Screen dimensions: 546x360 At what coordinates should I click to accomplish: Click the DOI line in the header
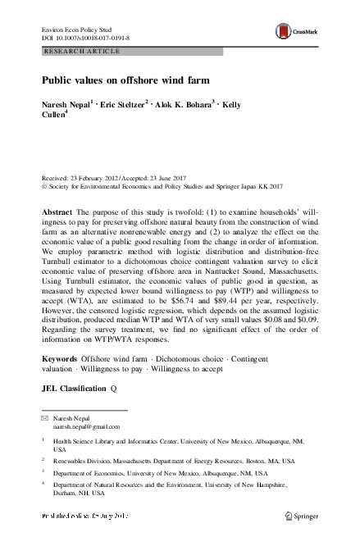tap(86, 39)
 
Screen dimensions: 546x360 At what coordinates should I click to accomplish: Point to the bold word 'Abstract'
tap(57, 212)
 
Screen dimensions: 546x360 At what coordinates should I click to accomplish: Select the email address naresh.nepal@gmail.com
tap(87, 426)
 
